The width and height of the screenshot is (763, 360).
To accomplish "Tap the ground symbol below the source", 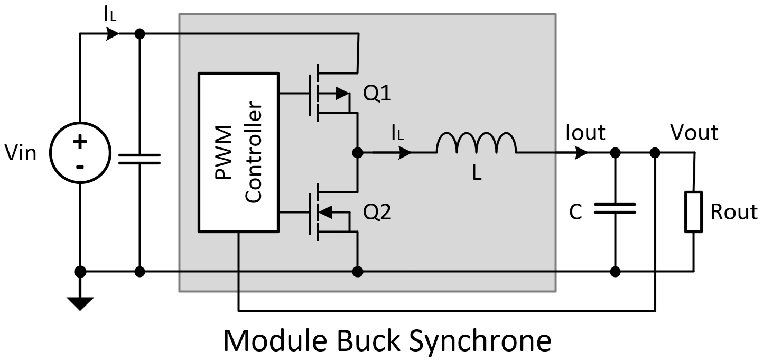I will click(x=80, y=303).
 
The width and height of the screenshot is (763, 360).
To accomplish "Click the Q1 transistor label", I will click(x=377, y=94).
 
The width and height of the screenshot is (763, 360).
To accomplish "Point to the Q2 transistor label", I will click(x=377, y=213).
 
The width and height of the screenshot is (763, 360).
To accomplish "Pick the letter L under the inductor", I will click(x=477, y=172).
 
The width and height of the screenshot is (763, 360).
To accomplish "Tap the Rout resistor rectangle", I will click(x=694, y=212).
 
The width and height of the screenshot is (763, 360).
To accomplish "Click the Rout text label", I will click(x=733, y=212).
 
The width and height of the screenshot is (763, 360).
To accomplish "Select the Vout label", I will click(x=694, y=133).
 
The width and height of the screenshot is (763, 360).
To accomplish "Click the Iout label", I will click(x=585, y=133).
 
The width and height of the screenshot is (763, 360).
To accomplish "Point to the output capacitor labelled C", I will click(x=615, y=209).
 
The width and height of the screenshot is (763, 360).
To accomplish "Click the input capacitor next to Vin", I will click(x=139, y=159).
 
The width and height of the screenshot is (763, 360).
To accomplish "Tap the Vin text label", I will click(x=21, y=154).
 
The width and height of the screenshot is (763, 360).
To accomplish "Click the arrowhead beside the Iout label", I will click(x=581, y=153).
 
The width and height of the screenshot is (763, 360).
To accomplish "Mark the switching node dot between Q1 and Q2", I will click(x=358, y=153).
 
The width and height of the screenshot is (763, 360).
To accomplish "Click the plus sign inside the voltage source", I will click(x=80, y=142).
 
